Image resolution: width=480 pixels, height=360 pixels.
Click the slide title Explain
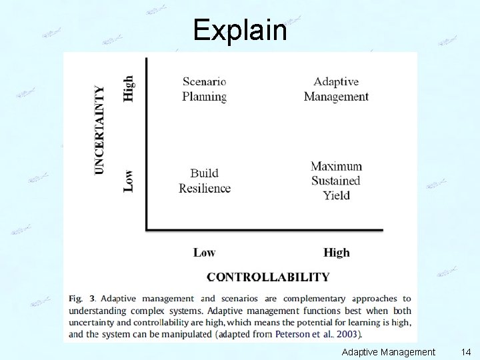point(240,30)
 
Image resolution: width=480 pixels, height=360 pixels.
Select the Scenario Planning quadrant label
point(205,89)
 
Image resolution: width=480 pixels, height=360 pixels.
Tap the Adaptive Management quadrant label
point(336,89)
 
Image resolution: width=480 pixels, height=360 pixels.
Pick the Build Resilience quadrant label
point(205,181)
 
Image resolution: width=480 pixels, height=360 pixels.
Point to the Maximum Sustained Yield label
point(336,181)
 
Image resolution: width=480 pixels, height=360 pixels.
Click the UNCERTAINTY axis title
point(100,130)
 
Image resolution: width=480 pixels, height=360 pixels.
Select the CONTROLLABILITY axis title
point(268,277)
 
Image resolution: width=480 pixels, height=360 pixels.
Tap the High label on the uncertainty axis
point(129,88)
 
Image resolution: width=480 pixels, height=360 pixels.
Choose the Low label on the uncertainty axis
point(129,180)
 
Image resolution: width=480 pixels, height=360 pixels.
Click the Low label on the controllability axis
point(204,253)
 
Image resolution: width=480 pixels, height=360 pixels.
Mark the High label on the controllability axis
point(336,253)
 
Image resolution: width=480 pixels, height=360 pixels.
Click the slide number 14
point(465,351)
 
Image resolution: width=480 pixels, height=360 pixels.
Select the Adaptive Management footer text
point(388,351)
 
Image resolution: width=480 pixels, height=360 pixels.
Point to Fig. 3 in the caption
point(82,299)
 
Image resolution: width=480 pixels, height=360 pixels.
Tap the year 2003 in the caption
point(346,334)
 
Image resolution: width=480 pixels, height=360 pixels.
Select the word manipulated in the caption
point(185,334)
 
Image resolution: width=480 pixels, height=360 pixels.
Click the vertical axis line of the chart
point(147,143)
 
